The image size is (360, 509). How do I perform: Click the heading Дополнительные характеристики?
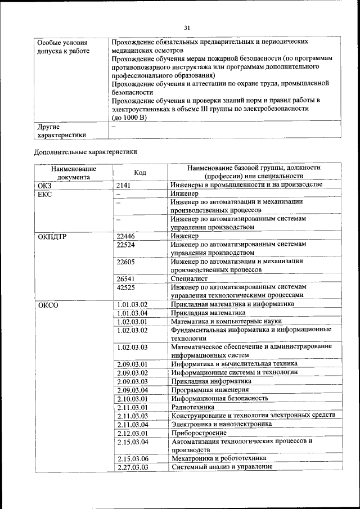pyautogui.click(x=85, y=151)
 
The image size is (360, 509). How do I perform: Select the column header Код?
pyautogui.click(x=140, y=172)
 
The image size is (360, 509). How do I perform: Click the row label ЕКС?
pyautogui.click(x=44, y=193)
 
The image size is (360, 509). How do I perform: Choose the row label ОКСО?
pyautogui.click(x=48, y=305)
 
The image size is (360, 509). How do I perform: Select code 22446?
pyautogui.click(x=127, y=237)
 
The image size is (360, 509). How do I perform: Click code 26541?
pyautogui.click(x=127, y=278)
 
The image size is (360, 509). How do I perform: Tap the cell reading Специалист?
pyautogui.click(x=190, y=278)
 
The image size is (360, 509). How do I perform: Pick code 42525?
pyautogui.click(x=127, y=287)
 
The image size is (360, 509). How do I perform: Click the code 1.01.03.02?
pyautogui.click(x=132, y=304)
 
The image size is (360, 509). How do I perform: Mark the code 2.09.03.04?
pyautogui.click(x=132, y=390)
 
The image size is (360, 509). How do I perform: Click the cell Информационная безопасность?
pyautogui.click(x=219, y=398)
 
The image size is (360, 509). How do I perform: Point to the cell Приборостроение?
pyautogui.click(x=199, y=433)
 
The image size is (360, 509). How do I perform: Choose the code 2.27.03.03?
pyautogui.click(x=132, y=467)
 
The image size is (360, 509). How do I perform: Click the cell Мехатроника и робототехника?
pyautogui.click(x=218, y=458)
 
